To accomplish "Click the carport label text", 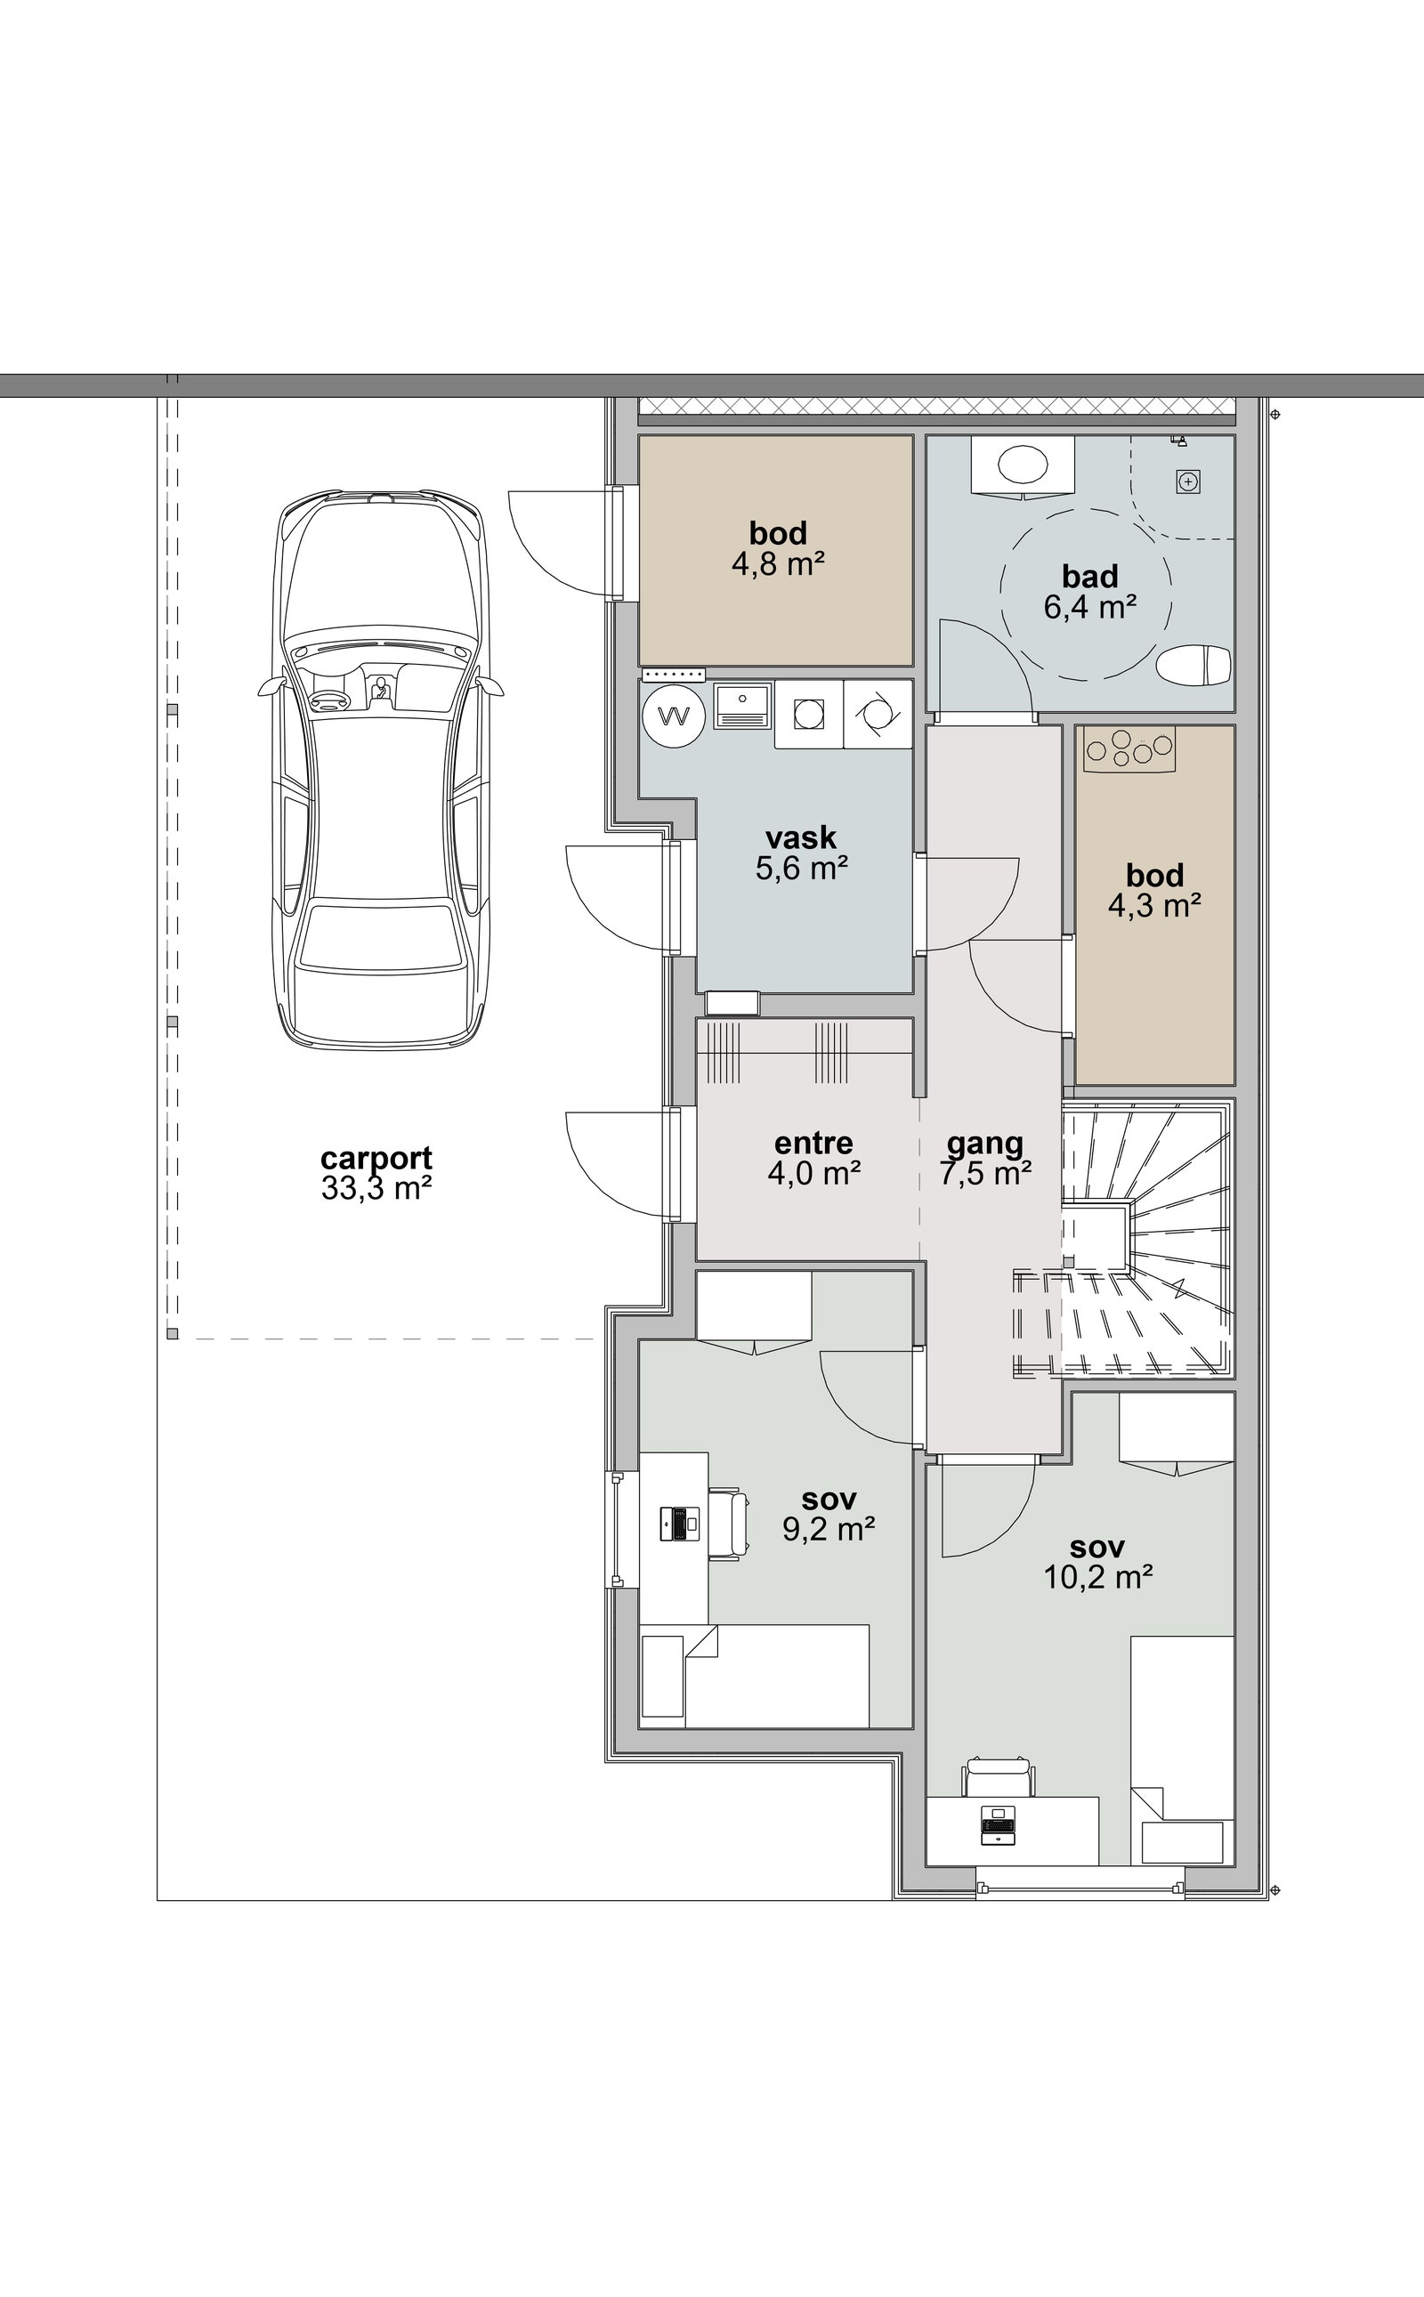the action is pos(376,1159).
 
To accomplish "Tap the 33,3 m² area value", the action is pos(376,1188).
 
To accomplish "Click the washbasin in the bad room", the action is pos(1023,465).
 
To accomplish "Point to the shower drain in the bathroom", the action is pos(1188,482).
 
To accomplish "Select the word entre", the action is pos(813,1144).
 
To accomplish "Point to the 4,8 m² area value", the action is pos(778,564).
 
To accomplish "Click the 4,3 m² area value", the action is pos(1154,906).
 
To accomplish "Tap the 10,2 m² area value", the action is pos(1098,1576).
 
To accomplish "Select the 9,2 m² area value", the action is pos(829,1528).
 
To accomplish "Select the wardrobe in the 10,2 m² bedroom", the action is pos(1177,1434).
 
